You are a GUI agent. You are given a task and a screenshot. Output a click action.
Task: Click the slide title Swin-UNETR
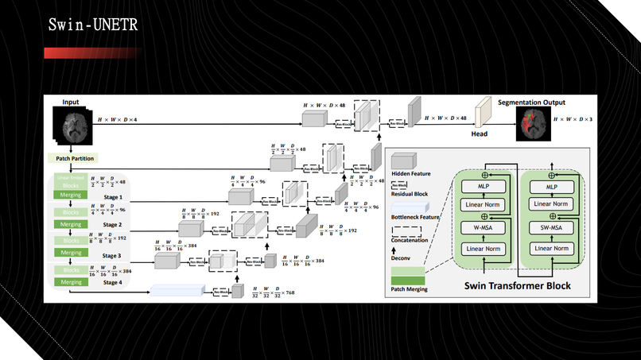tap(93, 25)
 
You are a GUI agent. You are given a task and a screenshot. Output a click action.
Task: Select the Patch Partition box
tap(75, 159)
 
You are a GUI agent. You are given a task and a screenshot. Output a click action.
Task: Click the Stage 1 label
tap(111, 196)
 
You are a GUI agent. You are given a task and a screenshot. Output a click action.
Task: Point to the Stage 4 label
tap(111, 282)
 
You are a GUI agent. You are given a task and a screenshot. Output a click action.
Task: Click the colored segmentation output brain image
tap(531, 122)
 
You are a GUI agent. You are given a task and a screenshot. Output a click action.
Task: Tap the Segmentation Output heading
tap(531, 103)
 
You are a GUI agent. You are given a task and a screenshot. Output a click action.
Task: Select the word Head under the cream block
tap(480, 135)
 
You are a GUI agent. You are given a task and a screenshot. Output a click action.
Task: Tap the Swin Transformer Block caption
tap(519, 286)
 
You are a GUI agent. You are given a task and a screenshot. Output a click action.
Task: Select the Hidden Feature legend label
tap(410, 172)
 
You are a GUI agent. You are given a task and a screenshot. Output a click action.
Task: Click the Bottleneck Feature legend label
tap(414, 216)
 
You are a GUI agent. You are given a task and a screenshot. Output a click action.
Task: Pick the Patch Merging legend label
tap(410, 289)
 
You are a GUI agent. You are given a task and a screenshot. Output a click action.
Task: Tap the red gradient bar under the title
tap(91, 53)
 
